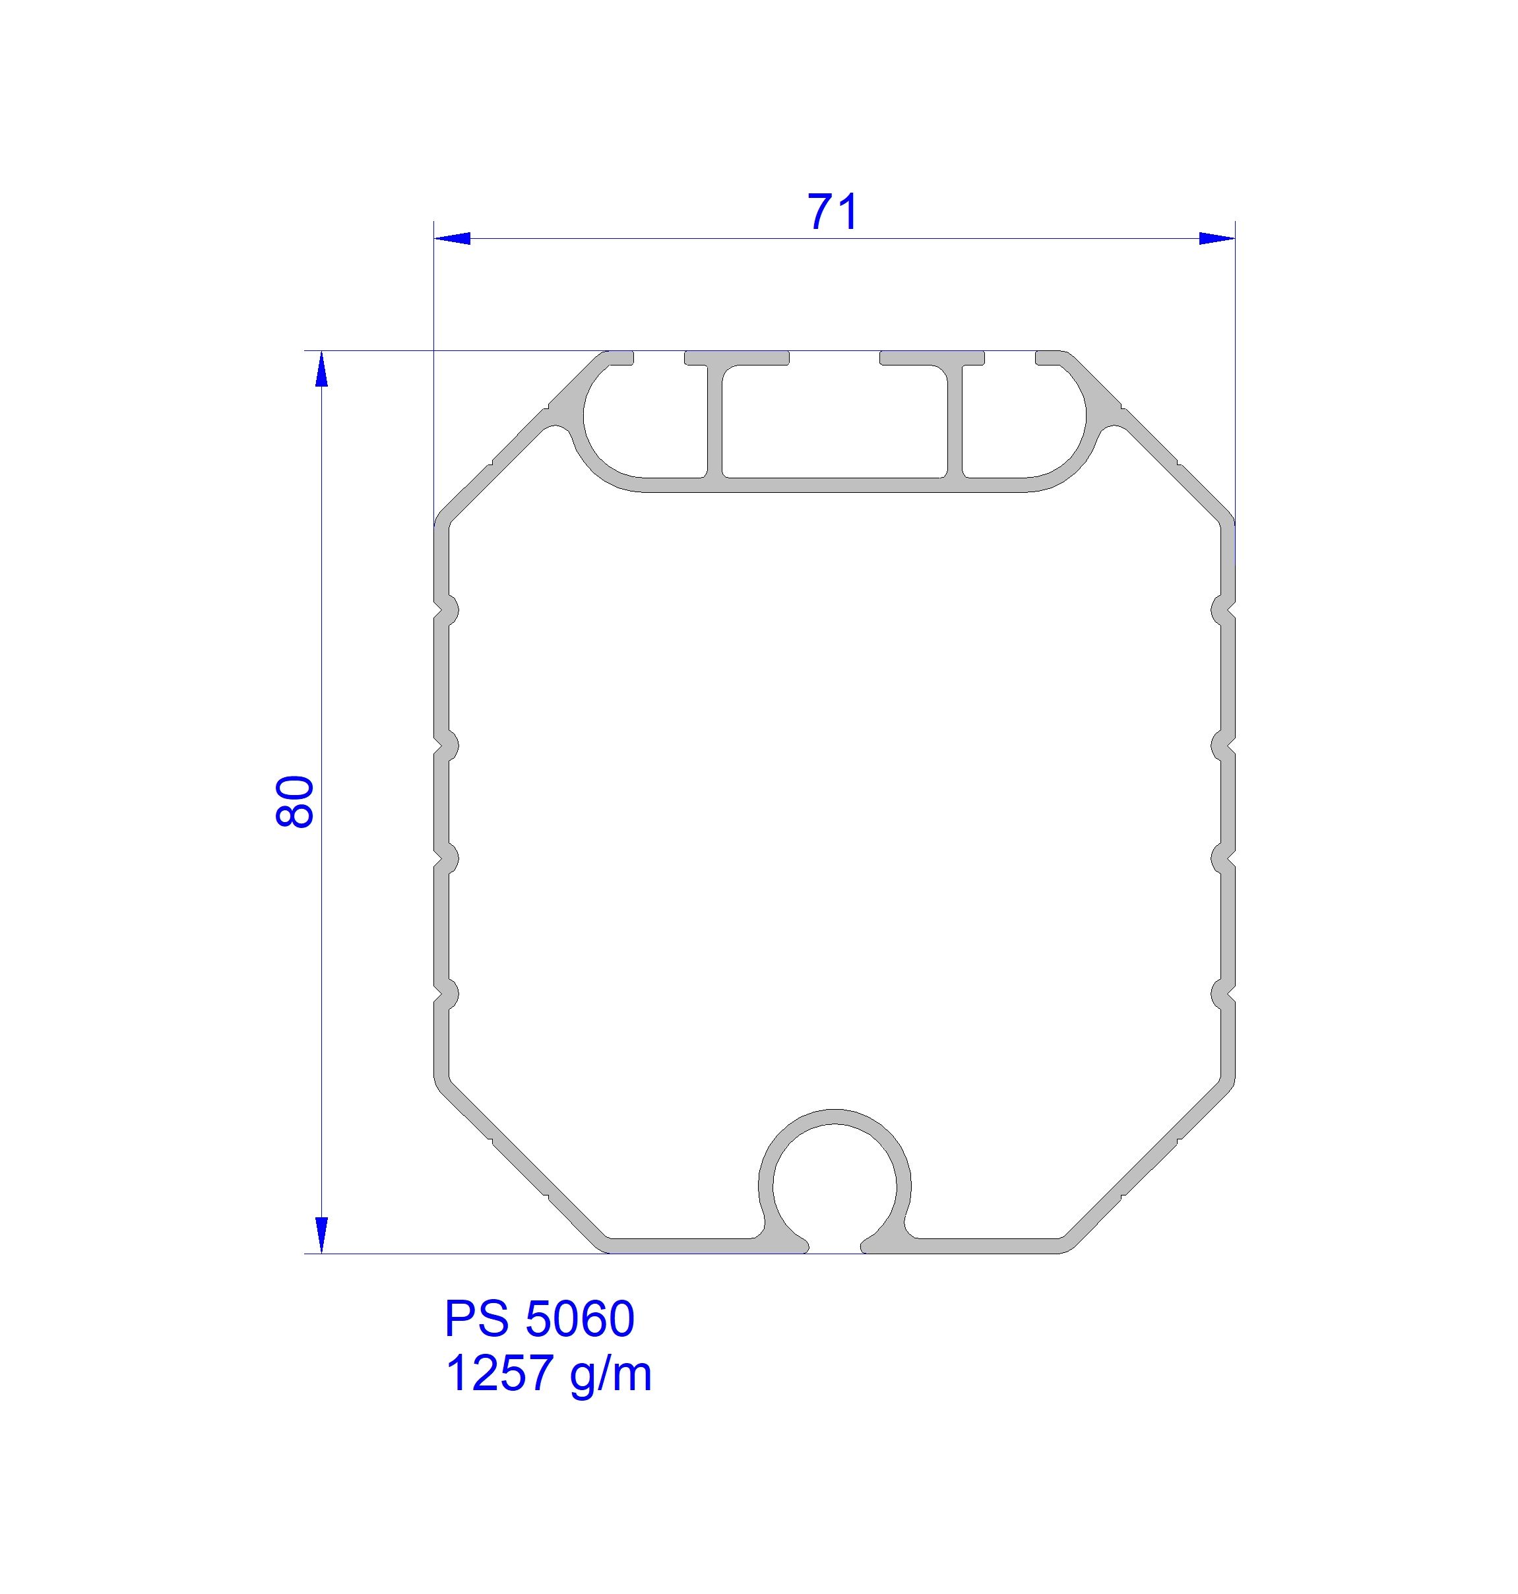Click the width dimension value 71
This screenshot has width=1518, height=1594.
[x=833, y=212]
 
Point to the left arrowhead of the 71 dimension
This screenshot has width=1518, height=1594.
[x=453, y=239]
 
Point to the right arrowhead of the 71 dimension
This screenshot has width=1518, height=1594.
[x=1217, y=239]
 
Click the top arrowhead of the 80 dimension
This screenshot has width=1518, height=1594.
[x=321, y=369]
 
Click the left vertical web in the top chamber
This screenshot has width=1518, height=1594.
[x=716, y=421]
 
